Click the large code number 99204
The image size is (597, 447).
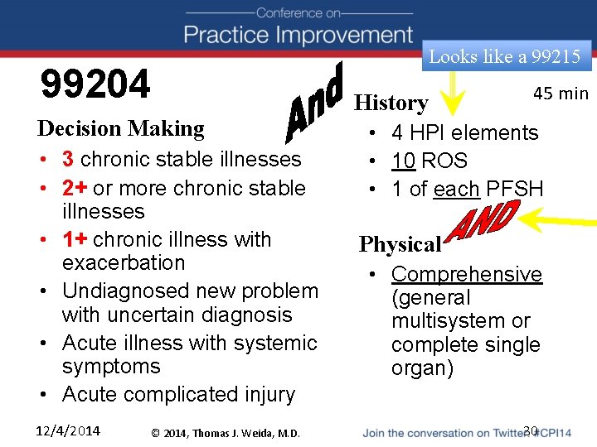click(96, 84)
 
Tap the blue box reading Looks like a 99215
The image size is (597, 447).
click(504, 56)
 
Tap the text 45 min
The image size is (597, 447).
click(561, 93)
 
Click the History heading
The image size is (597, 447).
click(391, 103)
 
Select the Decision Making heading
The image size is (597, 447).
click(121, 128)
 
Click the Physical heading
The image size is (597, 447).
click(400, 244)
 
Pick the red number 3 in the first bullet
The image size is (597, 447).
click(68, 158)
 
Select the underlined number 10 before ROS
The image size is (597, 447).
click(404, 161)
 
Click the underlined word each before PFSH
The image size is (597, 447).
click(456, 189)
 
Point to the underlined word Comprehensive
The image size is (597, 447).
click(466, 274)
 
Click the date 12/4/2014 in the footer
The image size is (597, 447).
click(68, 430)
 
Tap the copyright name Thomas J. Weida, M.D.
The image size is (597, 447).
click(242, 431)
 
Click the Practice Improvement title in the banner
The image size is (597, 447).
click(298, 35)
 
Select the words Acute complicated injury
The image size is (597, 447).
click(178, 394)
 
